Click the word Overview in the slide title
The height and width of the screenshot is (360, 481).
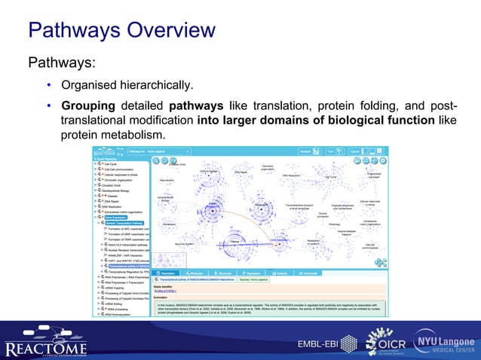[164, 30]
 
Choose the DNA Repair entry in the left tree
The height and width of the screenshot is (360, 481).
[111, 201]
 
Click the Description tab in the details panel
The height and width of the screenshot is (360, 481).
[167, 273]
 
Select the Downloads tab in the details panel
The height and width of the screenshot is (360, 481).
[314, 273]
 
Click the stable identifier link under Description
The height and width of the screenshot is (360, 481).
[165, 291]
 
